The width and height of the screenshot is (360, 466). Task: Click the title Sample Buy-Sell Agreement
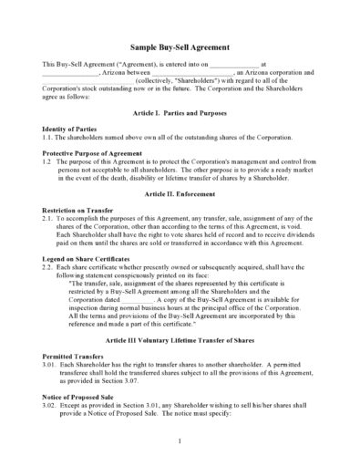pos(179,47)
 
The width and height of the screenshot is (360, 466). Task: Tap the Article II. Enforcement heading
pos(180,194)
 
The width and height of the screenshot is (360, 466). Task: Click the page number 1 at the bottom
pos(180,440)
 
